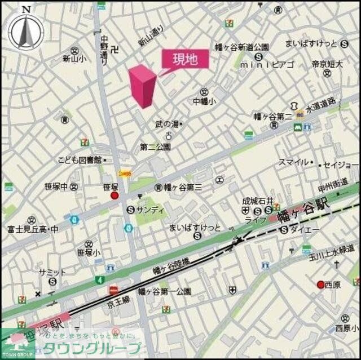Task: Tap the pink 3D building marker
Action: click(142, 86)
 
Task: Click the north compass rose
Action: click(25, 31)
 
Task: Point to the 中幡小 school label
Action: click(204, 102)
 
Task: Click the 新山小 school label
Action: click(73, 58)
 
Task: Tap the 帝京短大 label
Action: click(327, 64)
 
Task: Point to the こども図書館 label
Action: click(79, 161)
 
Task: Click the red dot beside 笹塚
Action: click(115, 195)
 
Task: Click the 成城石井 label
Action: click(258, 201)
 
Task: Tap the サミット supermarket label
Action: click(52, 272)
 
